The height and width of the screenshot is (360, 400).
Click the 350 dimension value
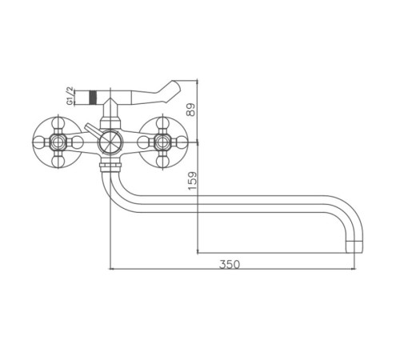(230, 264)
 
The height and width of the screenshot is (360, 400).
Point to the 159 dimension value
(193, 181)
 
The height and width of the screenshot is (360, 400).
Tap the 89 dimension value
(191, 110)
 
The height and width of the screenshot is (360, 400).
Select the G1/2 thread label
(70, 96)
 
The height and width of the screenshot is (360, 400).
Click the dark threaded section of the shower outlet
(92, 98)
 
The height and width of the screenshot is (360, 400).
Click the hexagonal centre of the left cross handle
(58, 142)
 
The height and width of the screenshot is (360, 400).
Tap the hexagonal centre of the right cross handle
(162, 142)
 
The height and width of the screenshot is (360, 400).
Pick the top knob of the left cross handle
(58, 123)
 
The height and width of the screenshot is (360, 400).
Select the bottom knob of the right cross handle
(162, 161)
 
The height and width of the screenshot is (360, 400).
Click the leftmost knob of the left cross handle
(39, 142)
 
